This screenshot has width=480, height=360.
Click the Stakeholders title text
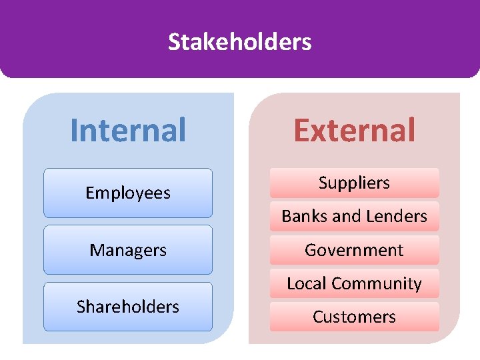coord(239,42)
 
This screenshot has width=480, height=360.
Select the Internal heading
coord(128,130)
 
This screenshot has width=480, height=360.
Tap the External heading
coord(354,130)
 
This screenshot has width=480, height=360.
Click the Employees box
coord(128,193)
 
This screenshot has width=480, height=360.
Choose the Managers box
coord(128,250)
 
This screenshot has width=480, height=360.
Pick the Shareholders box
coord(128,307)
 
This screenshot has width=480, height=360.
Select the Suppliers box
coord(354,183)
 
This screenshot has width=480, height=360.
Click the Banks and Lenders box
coord(354,216)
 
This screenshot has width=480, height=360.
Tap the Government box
coord(354,250)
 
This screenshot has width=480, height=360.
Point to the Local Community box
coord(354,283)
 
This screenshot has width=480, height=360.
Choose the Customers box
coord(354,317)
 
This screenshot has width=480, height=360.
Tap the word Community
coord(378,283)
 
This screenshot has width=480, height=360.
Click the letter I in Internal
coord(74,130)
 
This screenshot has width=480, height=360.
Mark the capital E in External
coord(302,130)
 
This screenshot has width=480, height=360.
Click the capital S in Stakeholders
coord(173,42)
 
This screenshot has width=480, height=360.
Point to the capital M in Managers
coord(97,250)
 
